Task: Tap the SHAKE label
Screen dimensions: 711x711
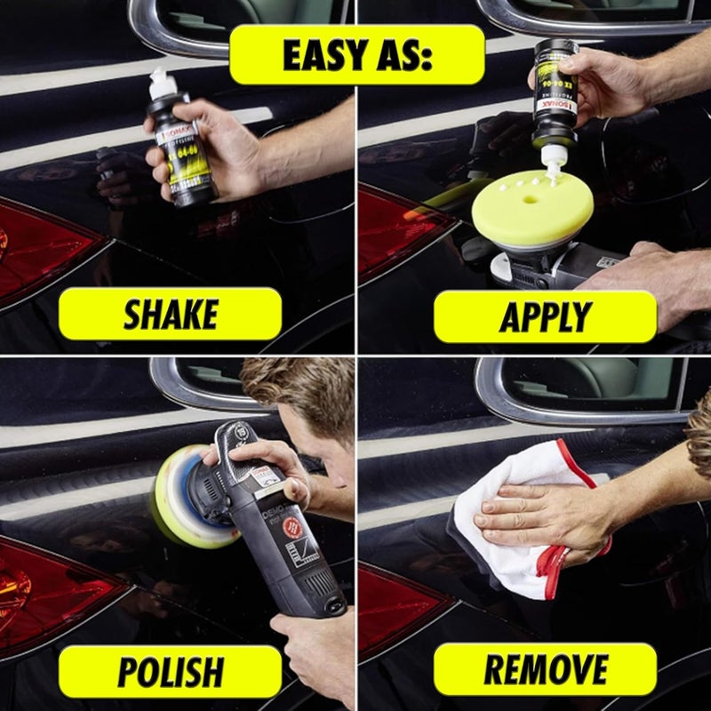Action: pos(170,314)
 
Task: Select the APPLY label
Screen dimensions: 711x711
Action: pos(545,316)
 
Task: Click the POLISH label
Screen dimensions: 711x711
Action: pos(170,672)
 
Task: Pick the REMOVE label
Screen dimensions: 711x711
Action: pos(545,670)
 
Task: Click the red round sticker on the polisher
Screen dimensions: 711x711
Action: pos(291,527)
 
